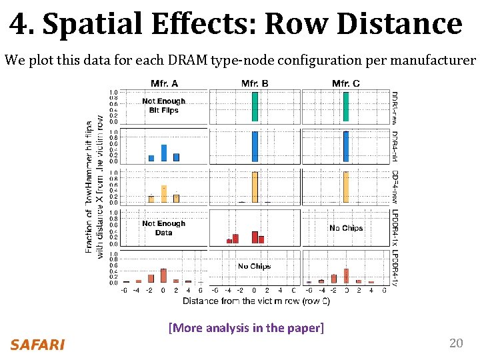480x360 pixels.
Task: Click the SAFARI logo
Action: pos(37,345)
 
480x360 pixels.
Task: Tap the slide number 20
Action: pos(456,343)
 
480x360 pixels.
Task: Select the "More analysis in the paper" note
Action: pos(246,327)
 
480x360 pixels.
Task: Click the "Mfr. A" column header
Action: pos(164,83)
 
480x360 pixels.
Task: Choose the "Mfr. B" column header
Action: pos(255,83)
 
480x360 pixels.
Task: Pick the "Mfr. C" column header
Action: pos(345,83)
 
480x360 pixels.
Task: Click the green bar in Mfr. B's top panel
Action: pos(255,107)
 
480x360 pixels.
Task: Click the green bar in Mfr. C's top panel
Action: pos(345,107)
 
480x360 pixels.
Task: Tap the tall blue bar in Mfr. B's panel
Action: pos(255,147)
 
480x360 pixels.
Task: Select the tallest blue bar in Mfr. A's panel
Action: pos(164,153)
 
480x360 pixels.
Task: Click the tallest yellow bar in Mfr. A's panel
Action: pos(164,194)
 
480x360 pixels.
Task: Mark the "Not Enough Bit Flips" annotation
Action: pos(164,106)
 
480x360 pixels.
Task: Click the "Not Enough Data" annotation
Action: pos(164,228)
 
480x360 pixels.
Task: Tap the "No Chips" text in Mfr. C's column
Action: pos(346,228)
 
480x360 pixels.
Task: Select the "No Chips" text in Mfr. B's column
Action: pos(255,266)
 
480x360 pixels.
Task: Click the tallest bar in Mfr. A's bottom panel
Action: pos(164,276)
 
